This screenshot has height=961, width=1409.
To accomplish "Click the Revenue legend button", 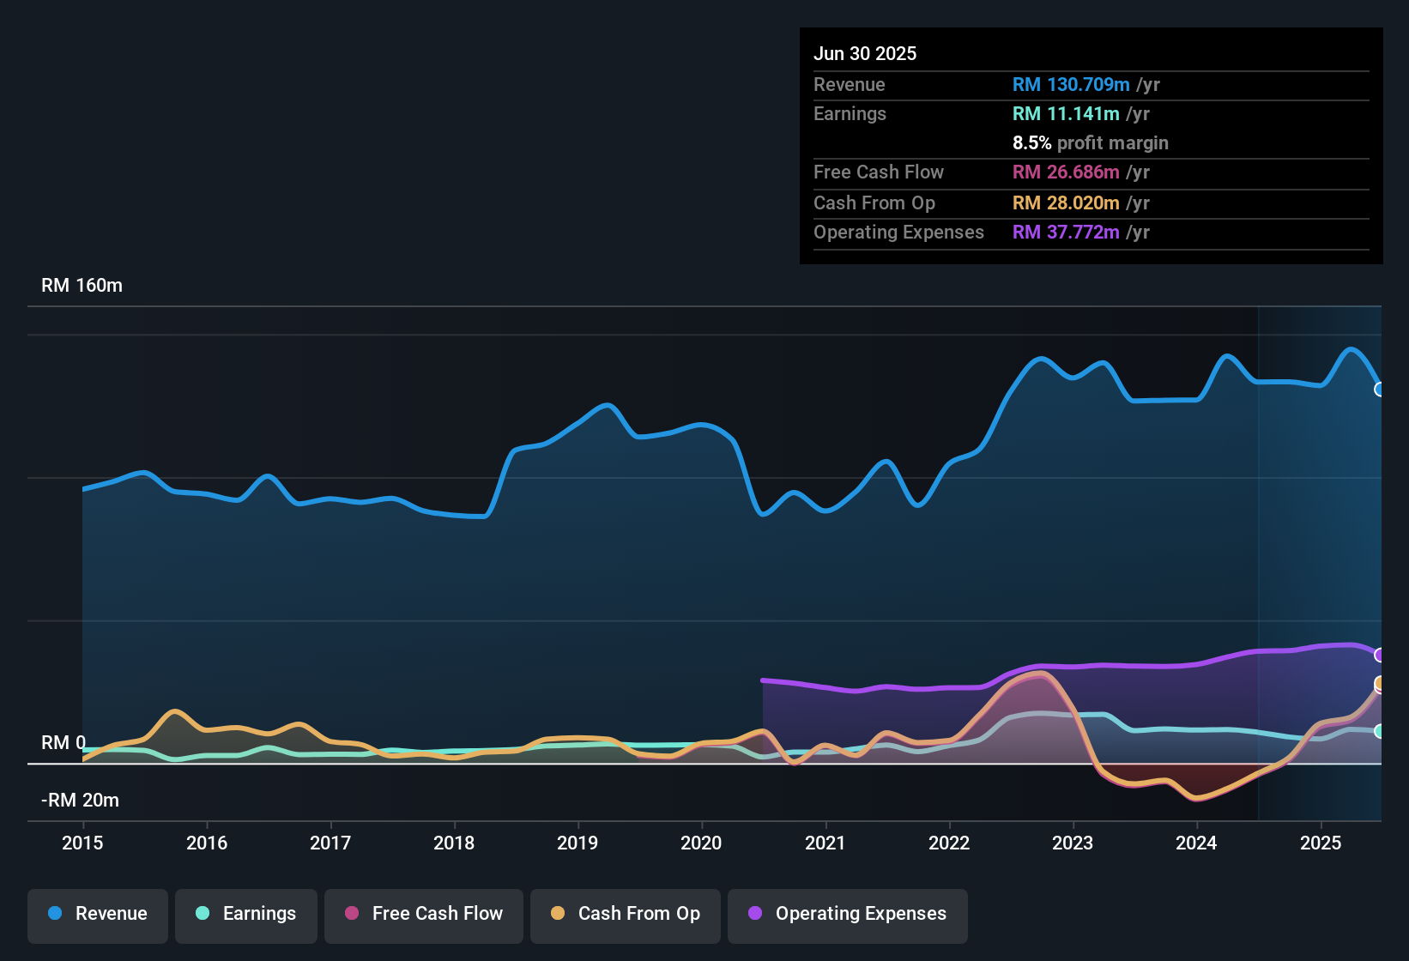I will click(98, 914).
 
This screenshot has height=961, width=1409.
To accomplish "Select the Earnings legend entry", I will click(246, 914).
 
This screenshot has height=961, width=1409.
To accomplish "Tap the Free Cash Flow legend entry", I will click(424, 914).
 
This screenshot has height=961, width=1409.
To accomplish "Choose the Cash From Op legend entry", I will click(626, 914).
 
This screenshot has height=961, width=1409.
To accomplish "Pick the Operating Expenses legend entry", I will click(848, 914).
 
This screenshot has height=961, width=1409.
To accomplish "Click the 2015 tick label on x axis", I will click(82, 843).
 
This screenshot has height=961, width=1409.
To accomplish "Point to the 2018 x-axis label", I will click(454, 843).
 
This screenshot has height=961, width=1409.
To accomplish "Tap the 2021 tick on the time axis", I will click(825, 843).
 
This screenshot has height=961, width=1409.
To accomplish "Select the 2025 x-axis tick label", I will click(1321, 843).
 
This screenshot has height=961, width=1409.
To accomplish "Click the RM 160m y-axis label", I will click(82, 286).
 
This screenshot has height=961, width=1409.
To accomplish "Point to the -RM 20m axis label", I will click(80, 801).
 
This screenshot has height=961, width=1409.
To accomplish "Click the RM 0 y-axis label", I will click(63, 743).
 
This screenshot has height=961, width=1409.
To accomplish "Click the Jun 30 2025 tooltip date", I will click(865, 53).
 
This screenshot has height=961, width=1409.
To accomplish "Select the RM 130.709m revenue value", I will click(1071, 84).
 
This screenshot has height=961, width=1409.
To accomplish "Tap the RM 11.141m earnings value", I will click(1066, 114).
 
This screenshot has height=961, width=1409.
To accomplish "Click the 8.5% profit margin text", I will click(1090, 143).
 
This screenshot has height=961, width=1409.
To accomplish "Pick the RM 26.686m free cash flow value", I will click(1066, 172).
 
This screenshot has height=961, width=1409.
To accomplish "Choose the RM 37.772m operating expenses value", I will click(1066, 233).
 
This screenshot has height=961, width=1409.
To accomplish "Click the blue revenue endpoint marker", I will click(1380, 390).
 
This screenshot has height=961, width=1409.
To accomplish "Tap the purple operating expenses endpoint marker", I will click(1380, 656).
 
